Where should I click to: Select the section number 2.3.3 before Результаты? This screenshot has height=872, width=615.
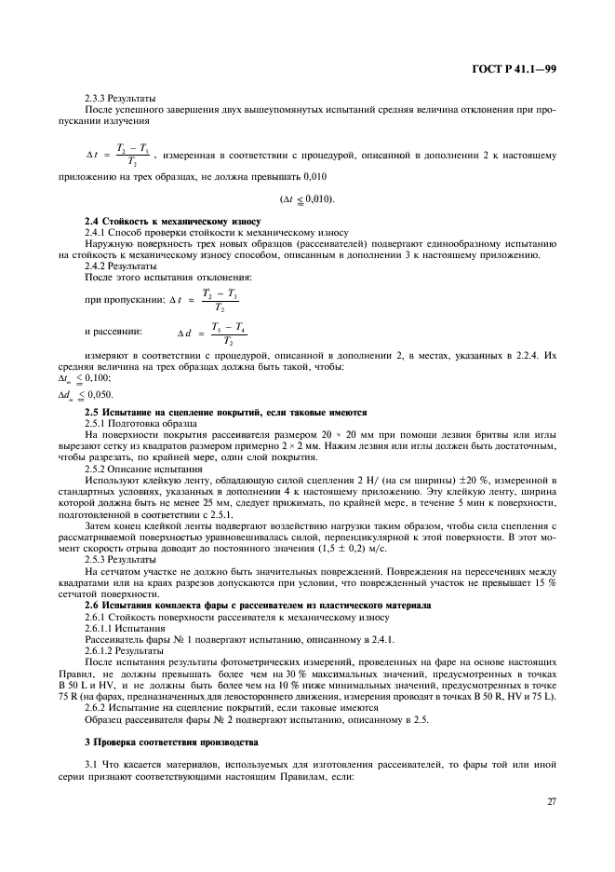(x=96, y=98)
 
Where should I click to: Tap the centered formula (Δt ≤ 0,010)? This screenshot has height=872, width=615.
(x=307, y=198)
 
